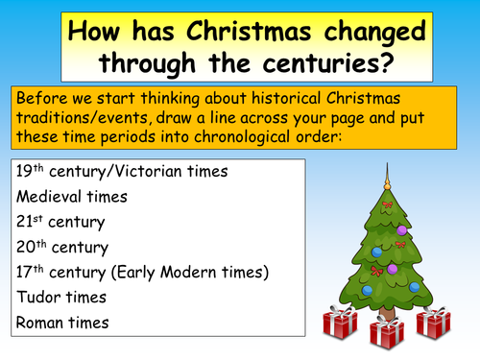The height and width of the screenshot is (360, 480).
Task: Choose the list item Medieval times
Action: [71, 197]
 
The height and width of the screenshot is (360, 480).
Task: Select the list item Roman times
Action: [63, 322]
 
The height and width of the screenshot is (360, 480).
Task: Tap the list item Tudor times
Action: [60, 297]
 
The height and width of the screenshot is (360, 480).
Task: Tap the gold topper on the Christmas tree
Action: [389, 180]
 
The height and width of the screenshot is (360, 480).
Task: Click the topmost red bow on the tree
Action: [387, 204]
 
